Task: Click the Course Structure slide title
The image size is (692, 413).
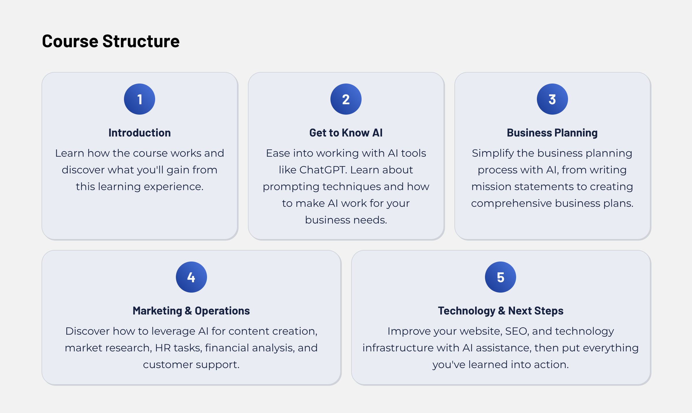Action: pos(111,41)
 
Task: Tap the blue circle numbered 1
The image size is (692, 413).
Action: pos(140,99)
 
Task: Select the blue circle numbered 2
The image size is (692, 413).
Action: pos(346,99)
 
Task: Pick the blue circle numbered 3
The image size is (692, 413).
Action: pos(552,99)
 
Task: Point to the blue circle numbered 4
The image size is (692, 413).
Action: pos(191,277)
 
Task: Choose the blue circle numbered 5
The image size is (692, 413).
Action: pos(501,277)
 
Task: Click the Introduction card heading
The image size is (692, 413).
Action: pos(140,133)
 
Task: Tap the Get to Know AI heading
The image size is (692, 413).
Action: pos(346,133)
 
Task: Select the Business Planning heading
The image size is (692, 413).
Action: pos(552,133)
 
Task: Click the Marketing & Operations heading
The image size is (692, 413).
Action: pos(191,311)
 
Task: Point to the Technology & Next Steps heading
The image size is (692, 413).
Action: pos(501,311)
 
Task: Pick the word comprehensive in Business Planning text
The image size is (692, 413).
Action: pos(512,204)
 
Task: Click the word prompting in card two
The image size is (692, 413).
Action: pos(291,187)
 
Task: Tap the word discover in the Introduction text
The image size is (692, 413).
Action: pos(83,170)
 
